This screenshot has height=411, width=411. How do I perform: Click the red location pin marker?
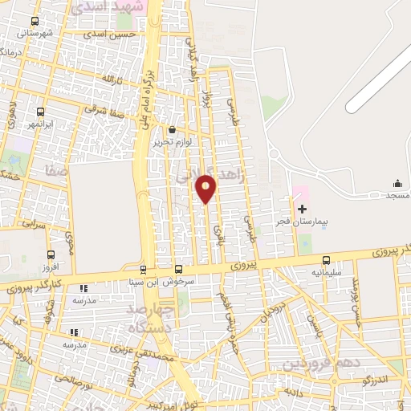click(x=206, y=188)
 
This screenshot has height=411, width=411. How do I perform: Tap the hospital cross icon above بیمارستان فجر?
click(x=302, y=209)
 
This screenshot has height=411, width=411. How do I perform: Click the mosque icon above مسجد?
click(x=397, y=184)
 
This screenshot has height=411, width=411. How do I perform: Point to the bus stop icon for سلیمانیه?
click(x=326, y=260)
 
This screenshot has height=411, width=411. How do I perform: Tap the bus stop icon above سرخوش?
click(x=178, y=270)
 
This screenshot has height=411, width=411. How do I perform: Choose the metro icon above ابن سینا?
click(x=144, y=270)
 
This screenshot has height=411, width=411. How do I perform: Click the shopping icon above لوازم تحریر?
click(x=171, y=129)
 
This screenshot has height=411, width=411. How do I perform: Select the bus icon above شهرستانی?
click(x=34, y=21)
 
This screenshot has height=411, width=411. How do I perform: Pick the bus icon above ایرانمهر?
click(x=41, y=113)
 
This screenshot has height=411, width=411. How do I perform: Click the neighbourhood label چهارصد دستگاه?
click(x=140, y=317)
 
